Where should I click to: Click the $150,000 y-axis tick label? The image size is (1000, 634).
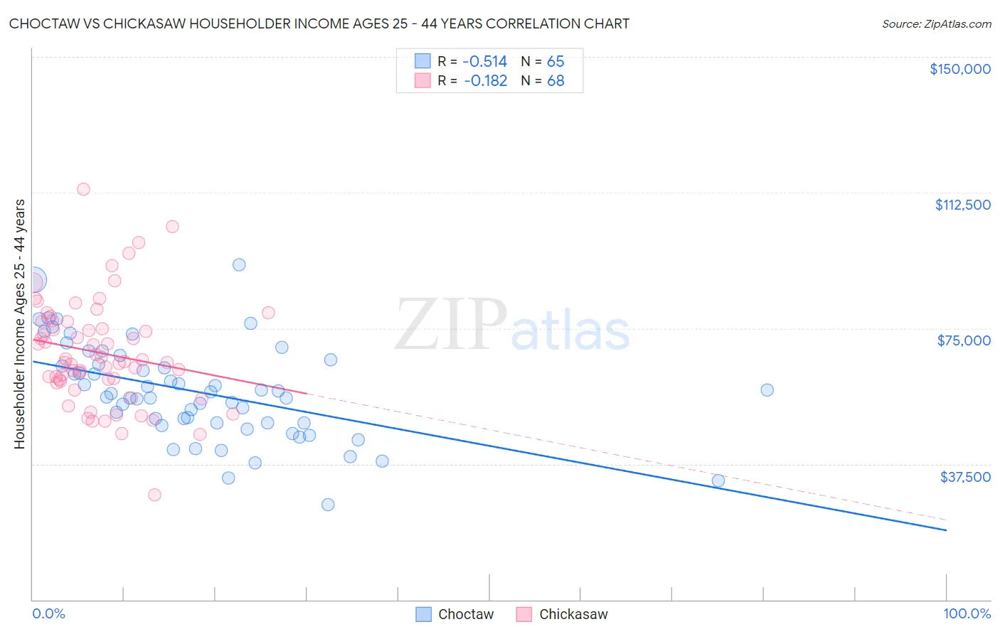click(959, 69)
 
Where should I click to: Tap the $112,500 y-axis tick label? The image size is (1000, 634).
click(962, 205)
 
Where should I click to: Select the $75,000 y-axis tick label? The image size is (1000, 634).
click(964, 340)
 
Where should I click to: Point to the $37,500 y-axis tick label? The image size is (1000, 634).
click(965, 477)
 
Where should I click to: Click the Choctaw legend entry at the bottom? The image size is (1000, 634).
click(465, 614)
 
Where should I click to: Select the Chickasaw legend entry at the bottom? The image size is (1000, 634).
click(573, 614)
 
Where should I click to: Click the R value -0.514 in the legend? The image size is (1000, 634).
click(485, 62)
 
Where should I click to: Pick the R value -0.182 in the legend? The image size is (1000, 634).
click(485, 81)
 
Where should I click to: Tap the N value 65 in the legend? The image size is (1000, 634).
click(555, 62)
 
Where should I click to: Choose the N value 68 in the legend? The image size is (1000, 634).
click(555, 81)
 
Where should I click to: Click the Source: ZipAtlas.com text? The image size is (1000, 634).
click(936, 24)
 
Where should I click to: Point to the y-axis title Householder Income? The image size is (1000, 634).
click(20, 323)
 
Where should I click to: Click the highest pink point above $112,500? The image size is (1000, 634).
click(83, 189)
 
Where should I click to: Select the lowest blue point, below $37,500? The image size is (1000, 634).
click(328, 505)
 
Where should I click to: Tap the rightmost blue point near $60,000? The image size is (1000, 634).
click(767, 389)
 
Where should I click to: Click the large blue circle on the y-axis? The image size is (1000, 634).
click(33, 280)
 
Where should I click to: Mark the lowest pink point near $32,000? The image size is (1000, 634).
click(154, 495)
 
